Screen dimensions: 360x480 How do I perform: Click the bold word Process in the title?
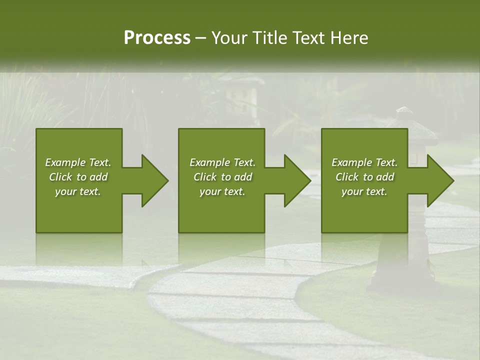157,38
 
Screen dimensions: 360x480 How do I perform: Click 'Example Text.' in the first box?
78,162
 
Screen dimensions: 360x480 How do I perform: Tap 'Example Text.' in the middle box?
222,162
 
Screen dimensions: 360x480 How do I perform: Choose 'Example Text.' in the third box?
364,162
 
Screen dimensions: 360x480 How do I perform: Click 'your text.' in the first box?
78,191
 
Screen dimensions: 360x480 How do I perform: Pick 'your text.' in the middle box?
222,191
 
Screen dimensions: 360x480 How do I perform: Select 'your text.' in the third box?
364,191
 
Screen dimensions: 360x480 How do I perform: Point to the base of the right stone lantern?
400,280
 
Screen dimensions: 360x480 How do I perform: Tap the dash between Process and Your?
200,38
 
